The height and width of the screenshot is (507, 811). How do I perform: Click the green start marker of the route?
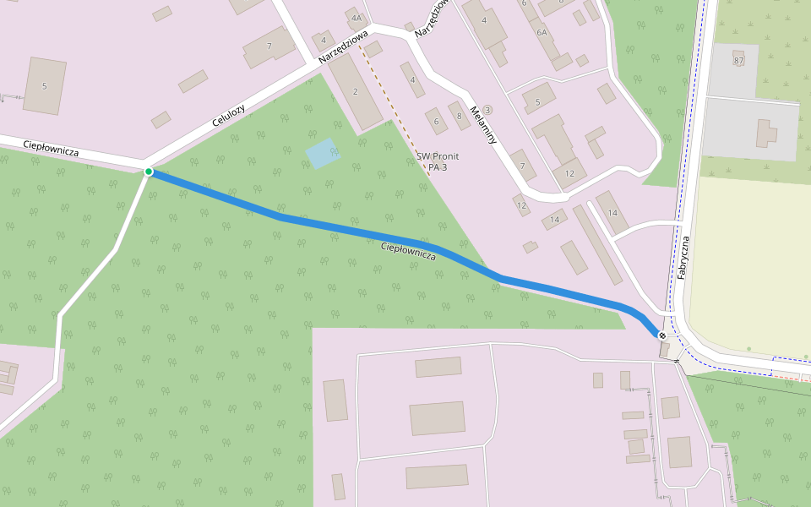pos(149,172)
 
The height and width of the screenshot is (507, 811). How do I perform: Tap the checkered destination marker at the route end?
pos(661,336)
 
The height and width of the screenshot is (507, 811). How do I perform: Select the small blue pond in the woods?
pos(322,153)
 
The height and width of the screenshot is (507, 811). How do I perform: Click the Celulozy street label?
pos(228,115)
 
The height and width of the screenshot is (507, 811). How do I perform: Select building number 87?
pos(738,61)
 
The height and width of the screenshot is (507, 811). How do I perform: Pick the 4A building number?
pos(356,18)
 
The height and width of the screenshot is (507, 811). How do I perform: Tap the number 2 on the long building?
pos(356,91)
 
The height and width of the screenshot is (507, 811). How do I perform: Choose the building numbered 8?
pos(459,116)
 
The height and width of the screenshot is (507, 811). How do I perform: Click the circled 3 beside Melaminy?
pos(487,110)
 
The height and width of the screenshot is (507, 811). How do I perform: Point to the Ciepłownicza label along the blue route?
pos(408,251)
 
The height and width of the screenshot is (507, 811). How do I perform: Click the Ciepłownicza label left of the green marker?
pos(51,148)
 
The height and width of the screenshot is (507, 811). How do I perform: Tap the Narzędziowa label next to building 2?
pos(344,47)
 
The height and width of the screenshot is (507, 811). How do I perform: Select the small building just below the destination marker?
pos(665,350)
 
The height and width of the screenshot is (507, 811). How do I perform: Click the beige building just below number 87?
pos(765,134)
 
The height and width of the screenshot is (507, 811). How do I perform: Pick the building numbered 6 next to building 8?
pos(437,121)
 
